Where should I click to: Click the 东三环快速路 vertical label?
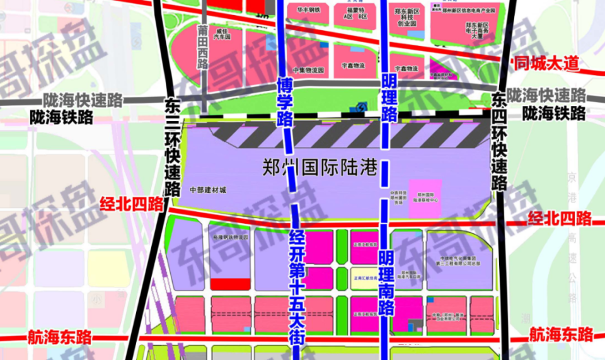tap(171, 146)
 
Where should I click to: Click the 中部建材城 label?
tap(207, 190)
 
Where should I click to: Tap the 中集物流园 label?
tap(308, 69)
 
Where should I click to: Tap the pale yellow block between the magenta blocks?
tap(364, 278)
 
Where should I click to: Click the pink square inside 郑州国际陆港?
tap(425, 199)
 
